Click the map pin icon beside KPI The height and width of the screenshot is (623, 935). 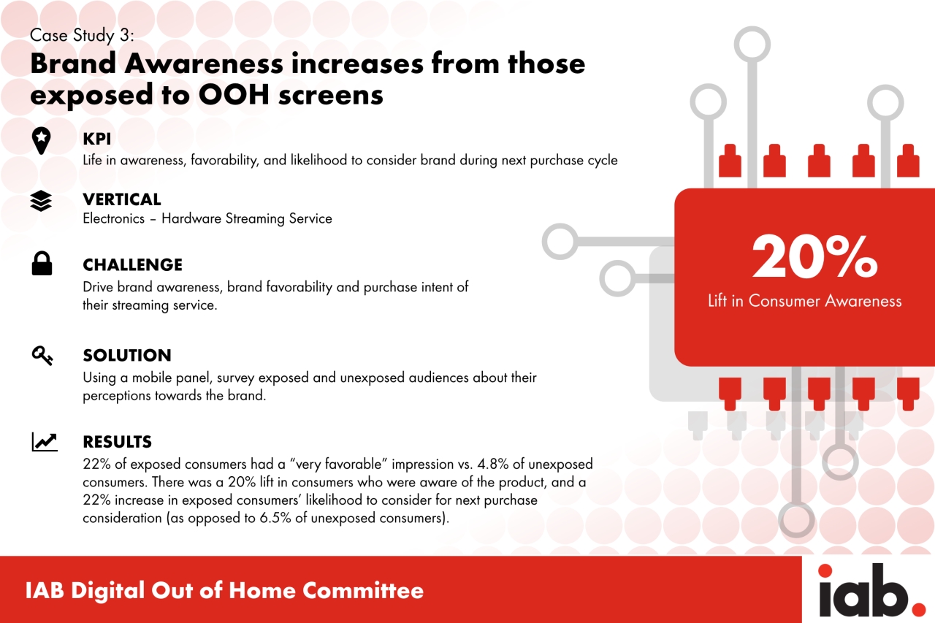click(42, 141)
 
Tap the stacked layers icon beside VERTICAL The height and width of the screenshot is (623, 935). click(41, 201)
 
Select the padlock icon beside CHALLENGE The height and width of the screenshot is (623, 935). click(42, 264)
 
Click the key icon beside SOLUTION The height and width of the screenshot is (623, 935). click(42, 356)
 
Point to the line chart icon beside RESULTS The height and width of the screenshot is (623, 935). click(45, 442)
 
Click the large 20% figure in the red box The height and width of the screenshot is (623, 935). click(814, 256)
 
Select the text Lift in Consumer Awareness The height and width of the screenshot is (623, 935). click(805, 301)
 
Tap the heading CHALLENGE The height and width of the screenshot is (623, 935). click(133, 265)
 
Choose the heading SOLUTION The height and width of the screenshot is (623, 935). click(127, 356)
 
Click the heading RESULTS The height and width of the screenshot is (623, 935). click(118, 442)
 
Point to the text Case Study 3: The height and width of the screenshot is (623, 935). click(82, 36)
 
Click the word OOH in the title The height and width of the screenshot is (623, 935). click(234, 95)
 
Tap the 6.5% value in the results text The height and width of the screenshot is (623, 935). click(275, 519)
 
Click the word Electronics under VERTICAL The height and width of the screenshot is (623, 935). click(113, 218)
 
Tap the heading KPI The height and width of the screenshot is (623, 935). click(97, 139)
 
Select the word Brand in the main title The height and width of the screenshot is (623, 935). click(73, 64)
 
